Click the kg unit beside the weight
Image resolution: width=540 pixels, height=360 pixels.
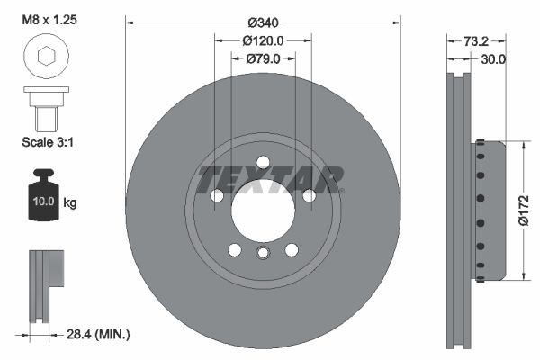(69, 203)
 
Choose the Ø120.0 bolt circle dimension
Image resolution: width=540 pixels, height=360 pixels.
(263, 40)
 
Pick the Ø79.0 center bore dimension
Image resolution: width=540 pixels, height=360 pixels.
(263, 58)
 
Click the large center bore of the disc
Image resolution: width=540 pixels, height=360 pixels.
(262, 210)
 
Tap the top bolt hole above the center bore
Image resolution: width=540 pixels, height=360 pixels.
(262, 162)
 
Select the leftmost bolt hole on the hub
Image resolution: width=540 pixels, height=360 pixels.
(216, 196)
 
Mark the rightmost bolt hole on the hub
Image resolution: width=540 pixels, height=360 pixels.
(309, 196)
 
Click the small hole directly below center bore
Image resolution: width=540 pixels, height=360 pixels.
(262, 253)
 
